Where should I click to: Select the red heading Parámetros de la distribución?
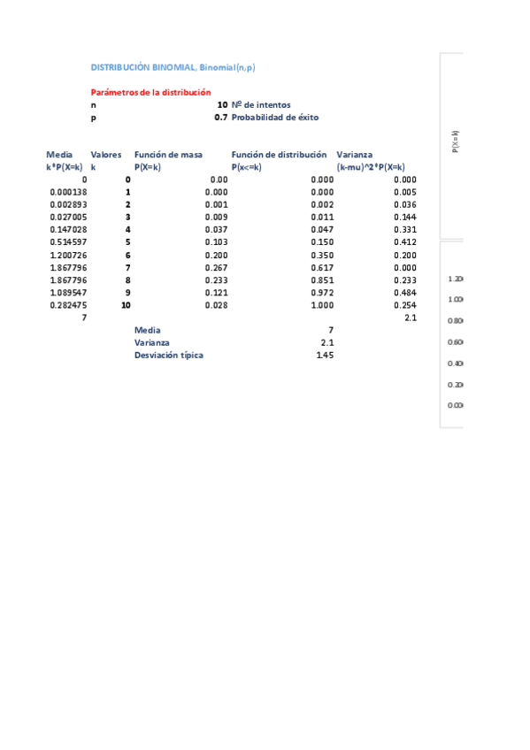click(150, 92)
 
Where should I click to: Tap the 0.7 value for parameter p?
click(221, 118)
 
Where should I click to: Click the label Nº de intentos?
click(261, 104)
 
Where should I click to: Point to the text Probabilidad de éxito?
click(275, 118)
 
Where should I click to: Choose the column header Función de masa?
click(168, 155)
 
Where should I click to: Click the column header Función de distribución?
click(279, 155)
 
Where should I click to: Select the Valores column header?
click(106, 155)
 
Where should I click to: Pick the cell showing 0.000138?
click(68, 192)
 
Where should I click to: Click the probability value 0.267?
click(217, 267)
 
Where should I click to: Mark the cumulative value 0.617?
click(323, 267)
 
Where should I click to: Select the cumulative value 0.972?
click(323, 292)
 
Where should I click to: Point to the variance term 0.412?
click(405, 241)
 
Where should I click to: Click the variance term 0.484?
click(405, 292)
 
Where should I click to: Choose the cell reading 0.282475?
click(68, 304)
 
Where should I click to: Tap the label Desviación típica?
click(168, 356)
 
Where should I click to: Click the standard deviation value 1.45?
click(325, 356)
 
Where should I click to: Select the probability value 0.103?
click(217, 241)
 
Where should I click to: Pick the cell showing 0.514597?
click(68, 241)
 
